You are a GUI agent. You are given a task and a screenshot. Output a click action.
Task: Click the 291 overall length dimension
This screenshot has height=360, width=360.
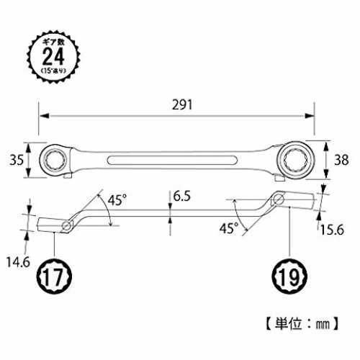tap(182, 105)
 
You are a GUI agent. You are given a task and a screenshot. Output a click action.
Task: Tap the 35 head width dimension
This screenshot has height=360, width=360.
tap(17, 160)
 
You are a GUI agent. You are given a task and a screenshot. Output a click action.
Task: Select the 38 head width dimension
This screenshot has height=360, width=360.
tap(341, 160)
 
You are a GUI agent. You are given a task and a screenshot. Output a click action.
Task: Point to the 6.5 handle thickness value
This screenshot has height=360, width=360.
tap(182, 196)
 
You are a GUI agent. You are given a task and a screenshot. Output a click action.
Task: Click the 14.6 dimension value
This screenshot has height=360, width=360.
tap(18, 262)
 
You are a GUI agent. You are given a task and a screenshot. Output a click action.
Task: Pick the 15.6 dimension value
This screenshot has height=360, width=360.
tap(332, 230)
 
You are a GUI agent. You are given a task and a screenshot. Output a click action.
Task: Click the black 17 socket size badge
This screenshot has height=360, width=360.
tap(54, 276)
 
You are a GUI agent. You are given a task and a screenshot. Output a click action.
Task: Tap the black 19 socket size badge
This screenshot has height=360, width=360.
tap(289, 276)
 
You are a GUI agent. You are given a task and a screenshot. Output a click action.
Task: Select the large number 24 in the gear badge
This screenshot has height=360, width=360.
tap(53, 57)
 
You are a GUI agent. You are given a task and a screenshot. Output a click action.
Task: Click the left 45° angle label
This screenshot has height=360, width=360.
tap(117, 199)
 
